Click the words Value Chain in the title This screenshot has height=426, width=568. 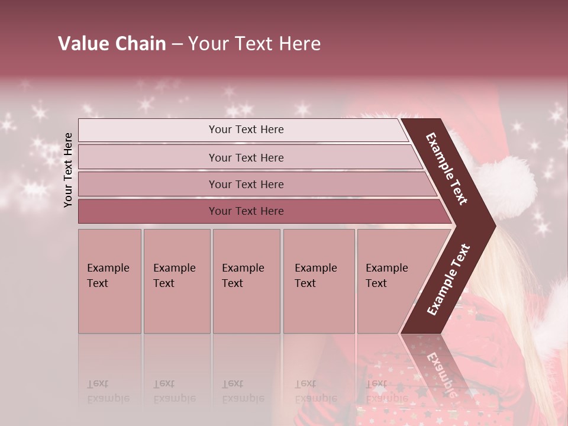[112, 44]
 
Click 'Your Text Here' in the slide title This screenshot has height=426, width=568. [254, 44]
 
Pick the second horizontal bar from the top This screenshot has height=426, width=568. [246, 157]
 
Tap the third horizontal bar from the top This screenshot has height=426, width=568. [246, 184]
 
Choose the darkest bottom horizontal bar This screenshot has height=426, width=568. [246, 211]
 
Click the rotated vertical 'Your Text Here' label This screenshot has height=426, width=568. [68, 170]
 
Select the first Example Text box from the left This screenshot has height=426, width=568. [109, 281]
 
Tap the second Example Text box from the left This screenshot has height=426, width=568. [176, 281]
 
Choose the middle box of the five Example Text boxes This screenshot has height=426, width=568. [246, 281]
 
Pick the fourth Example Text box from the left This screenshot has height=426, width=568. [318, 281]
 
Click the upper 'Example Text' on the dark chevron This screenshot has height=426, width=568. [447, 169]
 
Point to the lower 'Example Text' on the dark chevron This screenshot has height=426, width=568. [448, 279]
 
